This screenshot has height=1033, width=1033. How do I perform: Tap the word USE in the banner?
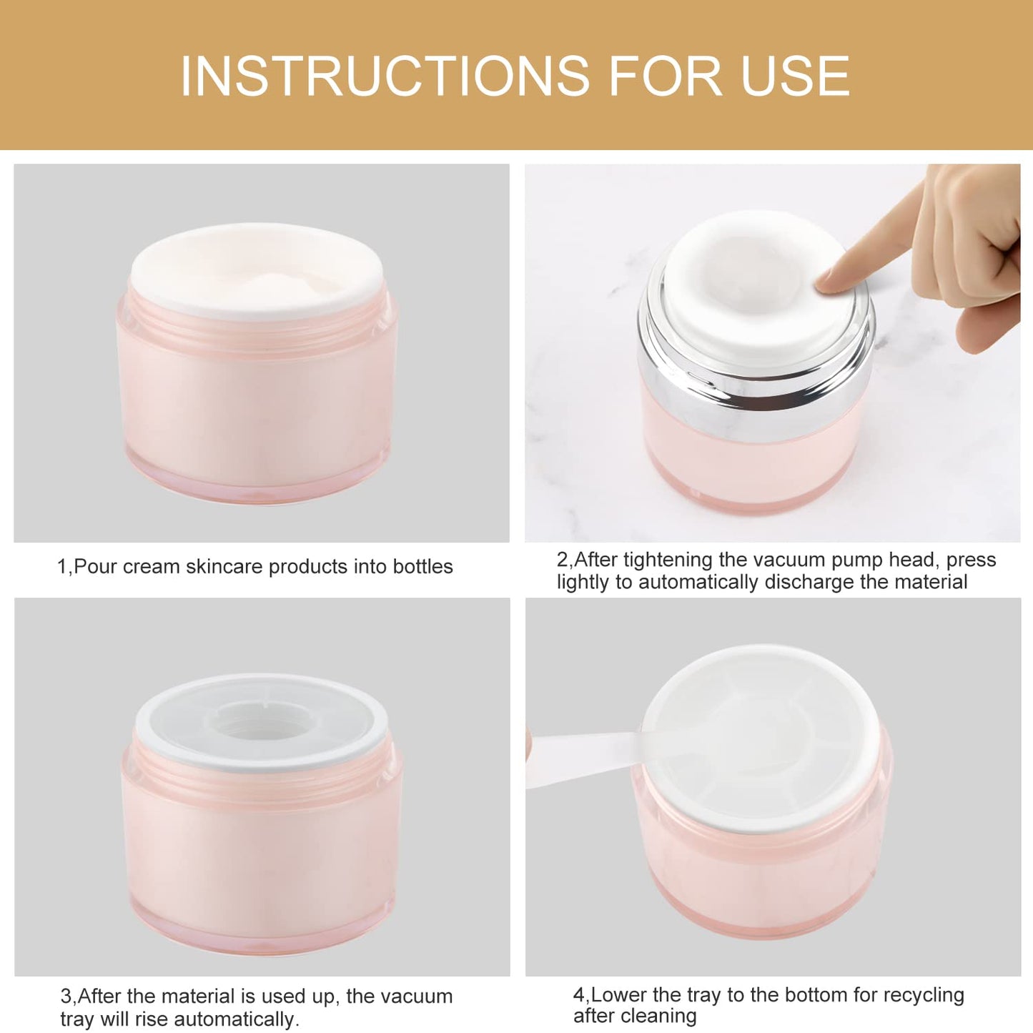[x=795, y=76]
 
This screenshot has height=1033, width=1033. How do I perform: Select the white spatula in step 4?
[x=579, y=759]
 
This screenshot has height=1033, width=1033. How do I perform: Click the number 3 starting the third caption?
[x=65, y=997]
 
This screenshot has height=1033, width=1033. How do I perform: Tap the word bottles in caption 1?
[x=422, y=567]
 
